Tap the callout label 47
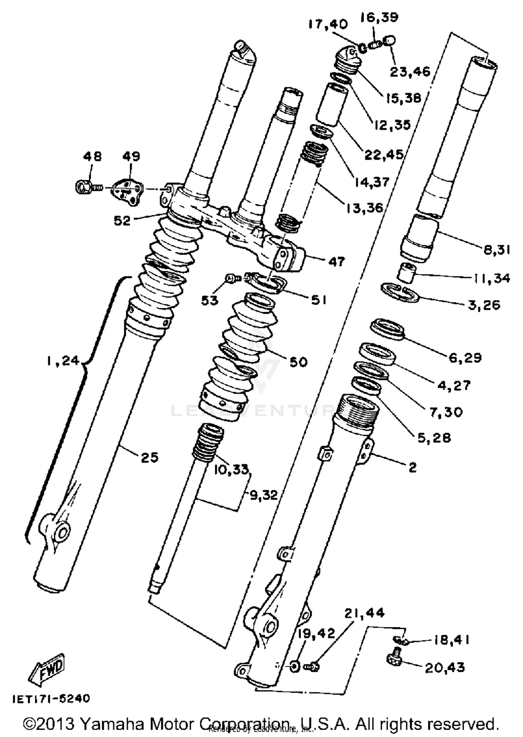tap(336, 262)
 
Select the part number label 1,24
tap(63, 361)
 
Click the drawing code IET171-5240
tap(51, 699)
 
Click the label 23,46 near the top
tap(410, 72)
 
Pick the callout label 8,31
tap(497, 250)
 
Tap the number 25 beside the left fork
tap(150, 458)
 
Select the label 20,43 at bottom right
tap(445, 668)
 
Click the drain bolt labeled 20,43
tap(395, 657)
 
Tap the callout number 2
tap(412, 468)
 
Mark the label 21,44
tap(365, 613)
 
